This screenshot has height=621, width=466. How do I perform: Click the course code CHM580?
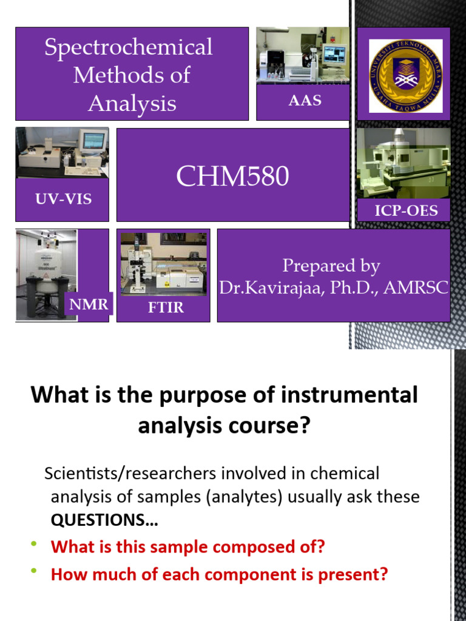tap(232, 176)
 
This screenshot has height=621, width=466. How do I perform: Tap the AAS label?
tap(305, 101)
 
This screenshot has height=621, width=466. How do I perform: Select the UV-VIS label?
tap(63, 198)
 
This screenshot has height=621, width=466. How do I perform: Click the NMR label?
tap(89, 304)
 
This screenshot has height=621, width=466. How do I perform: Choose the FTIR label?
tap(166, 307)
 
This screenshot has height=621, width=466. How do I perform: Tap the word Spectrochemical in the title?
tap(128, 47)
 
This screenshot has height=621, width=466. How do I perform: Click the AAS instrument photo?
tap(302, 55)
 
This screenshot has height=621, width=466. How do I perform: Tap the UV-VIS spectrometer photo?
tap(62, 153)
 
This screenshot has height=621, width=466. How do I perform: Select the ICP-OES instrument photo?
tap(403, 163)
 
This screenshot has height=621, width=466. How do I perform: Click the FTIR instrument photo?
tap(164, 263)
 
